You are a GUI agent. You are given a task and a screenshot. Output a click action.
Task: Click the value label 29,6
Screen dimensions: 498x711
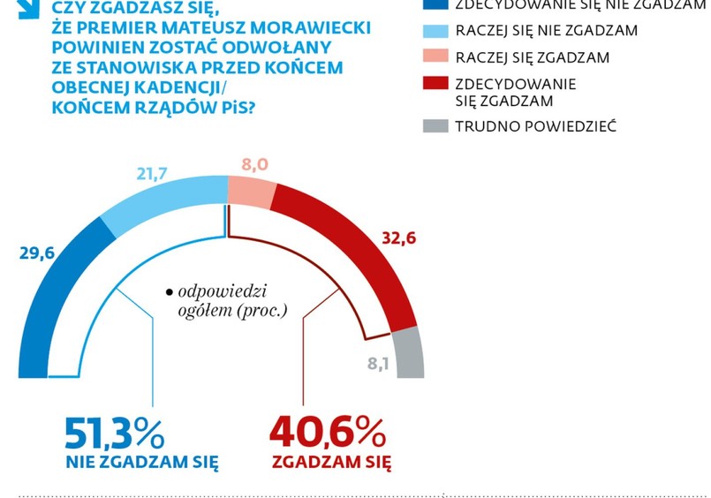click(36, 253)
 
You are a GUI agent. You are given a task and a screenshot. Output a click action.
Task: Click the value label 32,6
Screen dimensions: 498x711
click(399, 237)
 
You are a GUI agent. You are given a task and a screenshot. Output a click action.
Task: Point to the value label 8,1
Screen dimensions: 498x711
click(379, 363)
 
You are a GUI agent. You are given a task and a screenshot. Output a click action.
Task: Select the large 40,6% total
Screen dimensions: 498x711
click(327, 432)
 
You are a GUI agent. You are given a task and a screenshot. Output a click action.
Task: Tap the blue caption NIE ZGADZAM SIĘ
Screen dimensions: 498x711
click(141, 462)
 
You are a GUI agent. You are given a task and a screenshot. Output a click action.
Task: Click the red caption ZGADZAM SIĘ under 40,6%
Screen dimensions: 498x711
click(331, 462)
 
